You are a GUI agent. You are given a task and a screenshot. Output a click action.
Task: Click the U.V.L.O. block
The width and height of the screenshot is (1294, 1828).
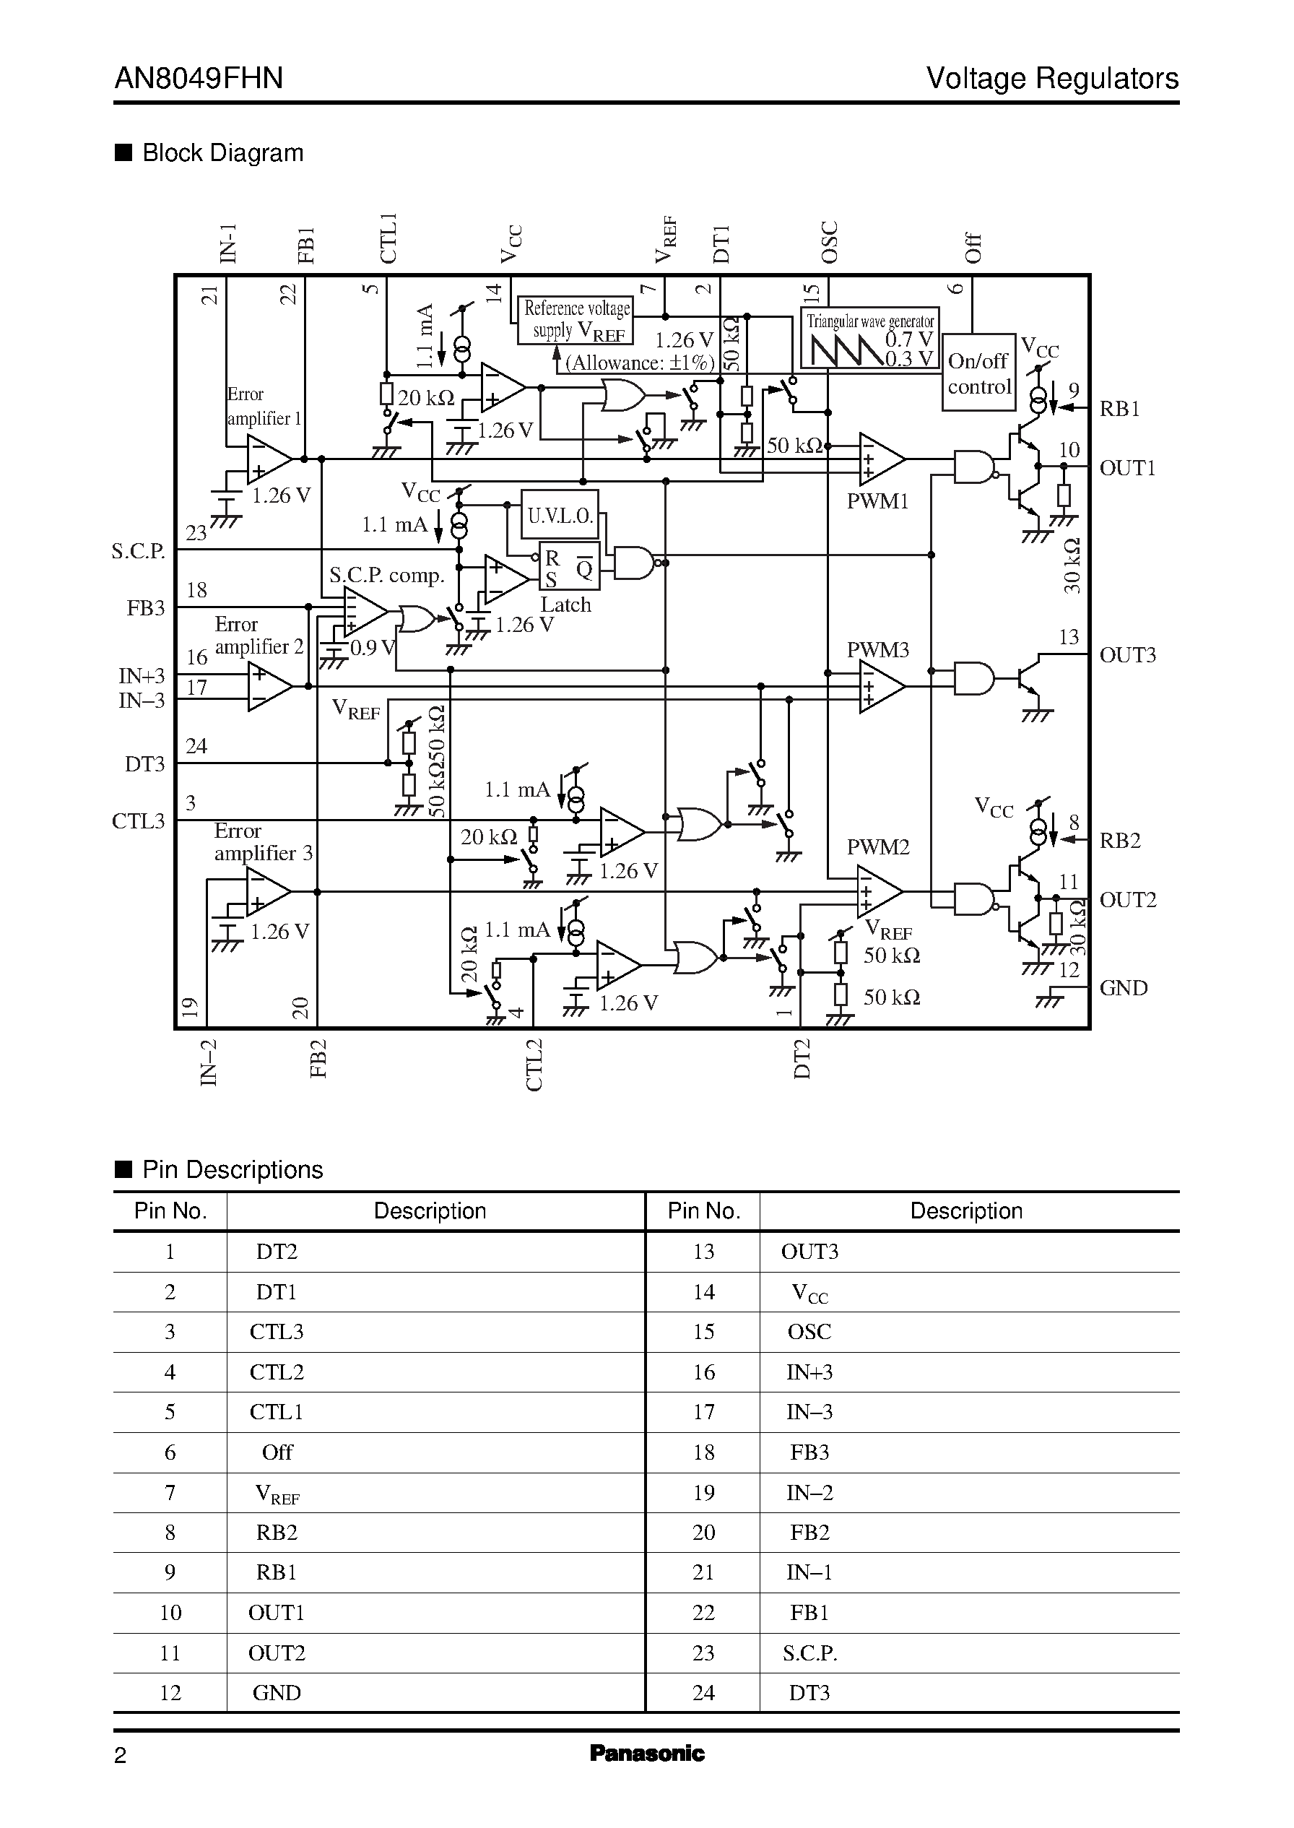click(x=560, y=516)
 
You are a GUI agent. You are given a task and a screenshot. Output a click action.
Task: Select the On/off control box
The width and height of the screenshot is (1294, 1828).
click(x=978, y=373)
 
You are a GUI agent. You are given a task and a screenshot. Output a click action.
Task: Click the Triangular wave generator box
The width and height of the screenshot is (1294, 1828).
click(x=869, y=339)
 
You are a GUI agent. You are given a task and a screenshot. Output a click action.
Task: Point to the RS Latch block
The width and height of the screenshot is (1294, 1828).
click(x=569, y=568)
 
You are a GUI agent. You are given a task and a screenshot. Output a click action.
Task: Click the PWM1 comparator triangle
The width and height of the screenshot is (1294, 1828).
click(x=880, y=460)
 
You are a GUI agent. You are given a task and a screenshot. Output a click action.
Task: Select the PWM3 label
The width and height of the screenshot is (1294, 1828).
click(x=877, y=649)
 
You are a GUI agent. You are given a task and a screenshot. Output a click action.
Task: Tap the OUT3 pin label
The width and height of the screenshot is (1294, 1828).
click(x=1126, y=655)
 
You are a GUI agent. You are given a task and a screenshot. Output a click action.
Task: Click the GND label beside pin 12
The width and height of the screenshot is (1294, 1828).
click(x=1123, y=988)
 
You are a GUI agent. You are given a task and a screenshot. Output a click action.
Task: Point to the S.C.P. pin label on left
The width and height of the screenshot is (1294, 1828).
click(x=138, y=551)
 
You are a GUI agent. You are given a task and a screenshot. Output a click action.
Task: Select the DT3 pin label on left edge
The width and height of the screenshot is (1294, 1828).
click(x=144, y=764)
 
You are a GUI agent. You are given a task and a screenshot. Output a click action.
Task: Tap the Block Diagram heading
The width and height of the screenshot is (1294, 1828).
click(x=222, y=153)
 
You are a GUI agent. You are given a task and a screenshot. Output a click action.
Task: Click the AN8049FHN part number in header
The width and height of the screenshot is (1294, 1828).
click(x=199, y=78)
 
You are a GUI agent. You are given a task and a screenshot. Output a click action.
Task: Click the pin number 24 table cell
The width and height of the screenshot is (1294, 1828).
click(x=703, y=1692)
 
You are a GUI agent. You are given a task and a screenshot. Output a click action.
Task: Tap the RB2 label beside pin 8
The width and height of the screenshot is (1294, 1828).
click(x=1119, y=841)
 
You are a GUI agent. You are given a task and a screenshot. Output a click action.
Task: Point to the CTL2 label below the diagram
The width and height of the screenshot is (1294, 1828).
click(x=534, y=1065)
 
